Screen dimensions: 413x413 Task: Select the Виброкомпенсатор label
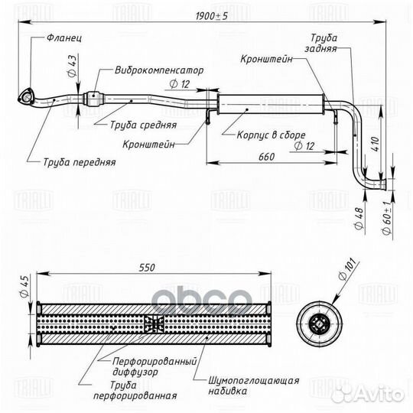pyautogui.click(x=159, y=70)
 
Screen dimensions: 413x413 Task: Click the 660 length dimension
pyautogui.click(x=267, y=158)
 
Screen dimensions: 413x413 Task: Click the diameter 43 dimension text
pyautogui.click(x=72, y=63)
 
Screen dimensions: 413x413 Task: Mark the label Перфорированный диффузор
pyautogui.click(x=153, y=366)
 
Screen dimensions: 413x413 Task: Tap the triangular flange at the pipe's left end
pyautogui.click(x=26, y=96)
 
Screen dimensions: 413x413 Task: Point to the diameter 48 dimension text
pyautogui.click(x=359, y=223)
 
